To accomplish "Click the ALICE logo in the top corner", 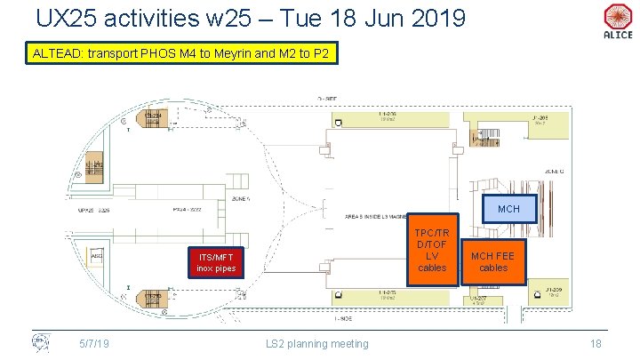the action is click(617, 21).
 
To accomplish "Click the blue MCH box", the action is click(508, 209).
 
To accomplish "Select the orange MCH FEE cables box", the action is click(493, 261).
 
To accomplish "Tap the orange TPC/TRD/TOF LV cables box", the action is click(432, 250).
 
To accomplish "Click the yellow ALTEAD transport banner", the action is click(181, 54).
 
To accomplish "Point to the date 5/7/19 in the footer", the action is click(93, 342).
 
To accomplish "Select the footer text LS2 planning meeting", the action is click(317, 342).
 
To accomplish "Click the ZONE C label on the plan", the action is click(555, 171).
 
